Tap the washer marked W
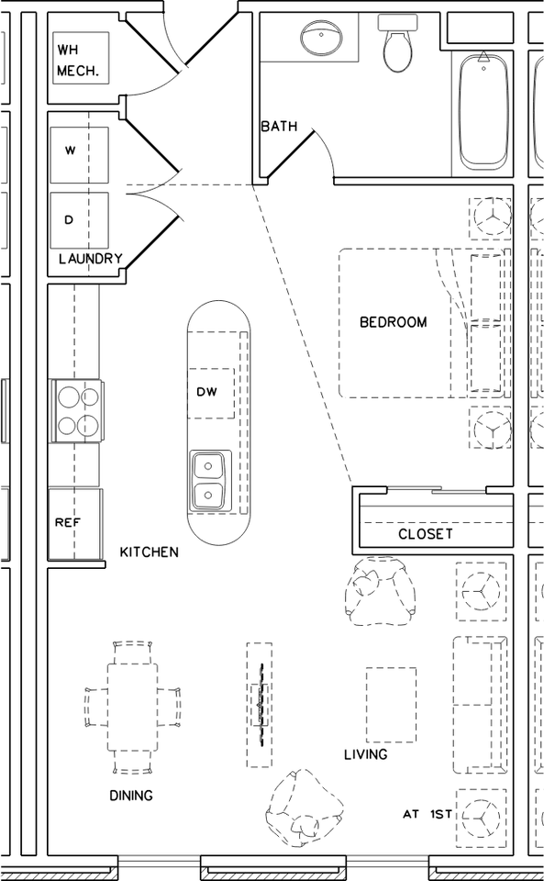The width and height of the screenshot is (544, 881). pyautogui.click(x=79, y=151)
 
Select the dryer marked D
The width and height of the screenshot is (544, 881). pyautogui.click(x=79, y=220)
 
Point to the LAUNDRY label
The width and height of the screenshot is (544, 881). pyautogui.click(x=90, y=259)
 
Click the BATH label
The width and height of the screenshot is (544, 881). pyautogui.click(x=279, y=127)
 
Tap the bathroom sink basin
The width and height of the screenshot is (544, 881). pyautogui.click(x=320, y=39)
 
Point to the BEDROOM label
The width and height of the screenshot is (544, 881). pyautogui.click(x=393, y=322)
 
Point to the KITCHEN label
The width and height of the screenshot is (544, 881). pyautogui.click(x=150, y=552)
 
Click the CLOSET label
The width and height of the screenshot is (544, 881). pyautogui.click(x=425, y=533)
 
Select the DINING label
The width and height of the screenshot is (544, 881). pyautogui.click(x=131, y=796)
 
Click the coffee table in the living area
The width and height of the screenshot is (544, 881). pyautogui.click(x=391, y=704)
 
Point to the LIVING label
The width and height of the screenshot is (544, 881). pyautogui.click(x=365, y=754)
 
